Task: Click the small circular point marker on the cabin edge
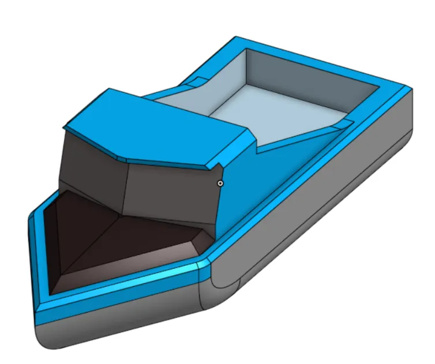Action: click(x=220, y=183)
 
